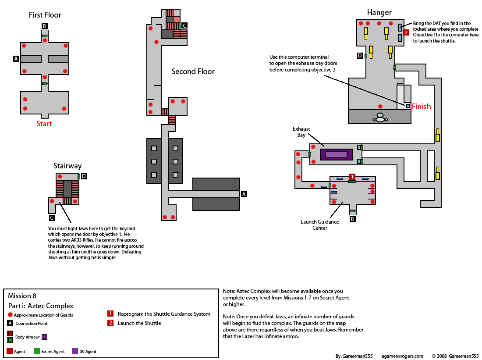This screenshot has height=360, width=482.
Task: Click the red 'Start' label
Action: tap(44, 124)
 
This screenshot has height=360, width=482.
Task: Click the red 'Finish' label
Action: tap(421, 107)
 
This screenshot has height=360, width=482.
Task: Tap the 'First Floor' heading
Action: tap(45, 15)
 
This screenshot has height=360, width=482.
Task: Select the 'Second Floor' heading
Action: tap(193, 71)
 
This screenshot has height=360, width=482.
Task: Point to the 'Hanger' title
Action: tap(379, 13)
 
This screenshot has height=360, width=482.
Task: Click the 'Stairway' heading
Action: tap(67, 166)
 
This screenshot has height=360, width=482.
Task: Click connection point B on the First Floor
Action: tap(44, 26)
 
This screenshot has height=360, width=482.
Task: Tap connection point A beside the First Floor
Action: tap(16, 58)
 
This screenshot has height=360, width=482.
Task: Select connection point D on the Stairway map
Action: tap(84, 176)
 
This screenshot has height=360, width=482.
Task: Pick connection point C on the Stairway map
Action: tap(52, 217)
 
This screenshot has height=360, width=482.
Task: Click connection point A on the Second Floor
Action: tap(244, 194)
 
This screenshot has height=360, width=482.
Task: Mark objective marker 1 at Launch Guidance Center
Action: tap(352, 176)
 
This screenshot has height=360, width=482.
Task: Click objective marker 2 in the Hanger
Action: tap(406, 32)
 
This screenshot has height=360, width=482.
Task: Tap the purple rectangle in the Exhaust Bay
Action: tap(336, 154)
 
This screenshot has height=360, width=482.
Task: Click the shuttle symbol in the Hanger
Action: tap(380, 117)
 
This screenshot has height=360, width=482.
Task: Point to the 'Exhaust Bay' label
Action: tap(301, 132)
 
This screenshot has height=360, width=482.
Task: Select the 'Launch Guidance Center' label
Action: tap(319, 225)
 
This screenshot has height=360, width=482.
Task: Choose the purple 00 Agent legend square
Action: tap(75, 351)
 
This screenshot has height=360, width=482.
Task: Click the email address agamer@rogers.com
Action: tap(402, 356)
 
